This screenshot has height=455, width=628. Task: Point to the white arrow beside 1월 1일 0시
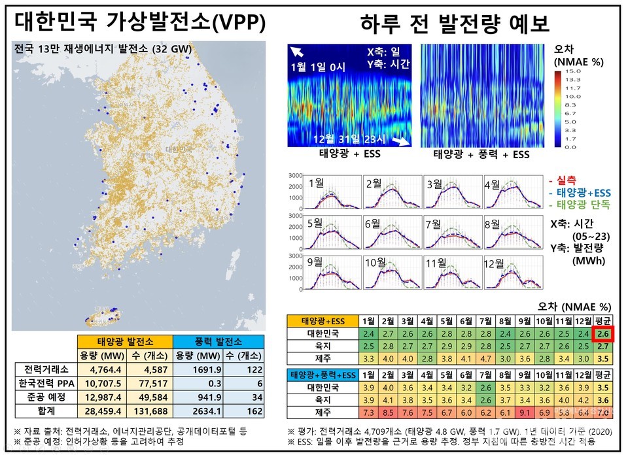pyautogui.click(x=298, y=52)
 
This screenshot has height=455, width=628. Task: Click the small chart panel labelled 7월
pyautogui.click(x=451, y=233)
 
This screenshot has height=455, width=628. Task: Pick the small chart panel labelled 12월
pyautogui.click(x=510, y=273)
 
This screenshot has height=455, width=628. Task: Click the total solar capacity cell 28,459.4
pyautogui.click(x=97, y=411)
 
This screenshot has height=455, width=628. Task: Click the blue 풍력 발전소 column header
pyautogui.click(x=218, y=341)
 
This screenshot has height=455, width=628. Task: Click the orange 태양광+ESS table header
pyautogui.click(x=323, y=321)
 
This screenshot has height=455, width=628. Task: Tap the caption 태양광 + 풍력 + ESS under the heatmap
pyautogui.click(x=481, y=155)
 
